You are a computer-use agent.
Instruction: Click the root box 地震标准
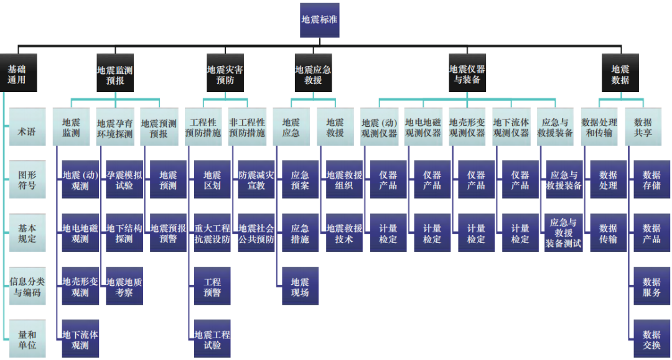coord(320,20)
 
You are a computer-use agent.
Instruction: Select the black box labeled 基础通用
coord(17,74)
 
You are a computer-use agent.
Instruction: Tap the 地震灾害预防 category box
coord(225,74)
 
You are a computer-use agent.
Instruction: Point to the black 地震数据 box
coord(620,74)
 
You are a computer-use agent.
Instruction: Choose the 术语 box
coord(27,132)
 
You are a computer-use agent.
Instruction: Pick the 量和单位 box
coord(27,339)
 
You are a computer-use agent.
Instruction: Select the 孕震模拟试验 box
coord(124,180)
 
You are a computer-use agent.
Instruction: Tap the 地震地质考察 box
coord(124,286)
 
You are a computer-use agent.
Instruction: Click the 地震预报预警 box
coord(168,233)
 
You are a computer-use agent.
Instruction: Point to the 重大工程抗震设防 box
coord(212,233)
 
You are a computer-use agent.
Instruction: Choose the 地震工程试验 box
coord(212,339)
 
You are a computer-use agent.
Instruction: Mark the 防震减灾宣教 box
coord(256,180)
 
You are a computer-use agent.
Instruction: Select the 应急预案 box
coord(300,180)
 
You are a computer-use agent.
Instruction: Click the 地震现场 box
coord(300,286)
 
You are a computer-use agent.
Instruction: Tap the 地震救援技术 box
coord(344,233)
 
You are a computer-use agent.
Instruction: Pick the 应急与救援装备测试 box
coord(564,233)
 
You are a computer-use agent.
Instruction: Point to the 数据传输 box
coord(608,233)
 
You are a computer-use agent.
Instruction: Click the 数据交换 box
coord(651,339)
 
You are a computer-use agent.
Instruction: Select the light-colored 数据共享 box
coord(643,127)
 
